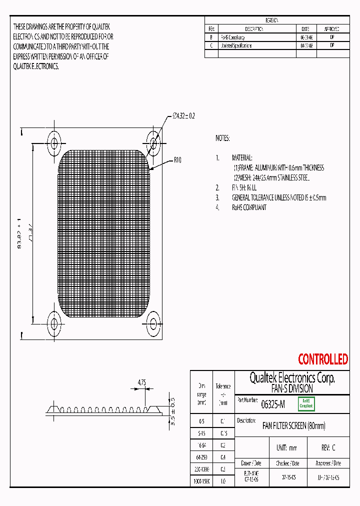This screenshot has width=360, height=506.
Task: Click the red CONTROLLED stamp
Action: [322, 359]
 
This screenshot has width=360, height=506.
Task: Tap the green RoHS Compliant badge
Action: [306, 404]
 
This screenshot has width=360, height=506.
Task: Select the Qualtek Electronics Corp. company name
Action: [292, 378]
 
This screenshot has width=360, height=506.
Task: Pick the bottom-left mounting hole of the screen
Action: [53, 318]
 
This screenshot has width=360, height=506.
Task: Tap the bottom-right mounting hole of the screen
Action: [153, 318]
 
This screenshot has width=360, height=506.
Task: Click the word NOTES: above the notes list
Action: [222, 138]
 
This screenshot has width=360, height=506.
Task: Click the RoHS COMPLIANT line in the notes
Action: [248, 207]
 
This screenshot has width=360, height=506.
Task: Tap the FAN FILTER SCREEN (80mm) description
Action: [293, 426]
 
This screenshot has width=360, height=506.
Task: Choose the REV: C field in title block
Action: [327, 448]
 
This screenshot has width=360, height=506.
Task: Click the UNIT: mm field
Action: [286, 448]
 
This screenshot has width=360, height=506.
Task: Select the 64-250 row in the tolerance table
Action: [202, 457]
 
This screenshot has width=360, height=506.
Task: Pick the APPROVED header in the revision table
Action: [332, 29]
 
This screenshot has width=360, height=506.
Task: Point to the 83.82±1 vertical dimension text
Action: [20, 233]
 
